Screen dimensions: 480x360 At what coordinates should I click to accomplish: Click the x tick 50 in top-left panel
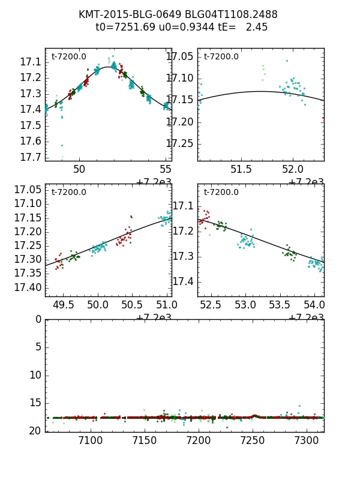pyautogui.click(x=79, y=169)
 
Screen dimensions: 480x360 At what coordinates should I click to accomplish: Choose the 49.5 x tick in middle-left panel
pyautogui.click(x=64, y=305)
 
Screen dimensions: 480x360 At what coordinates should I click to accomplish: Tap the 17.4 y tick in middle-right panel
pyautogui.click(x=183, y=281)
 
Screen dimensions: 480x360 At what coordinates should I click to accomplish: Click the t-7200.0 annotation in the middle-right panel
pyautogui.click(x=221, y=192)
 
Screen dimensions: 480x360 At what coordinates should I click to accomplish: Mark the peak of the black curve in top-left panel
pyautogui.click(x=108, y=67)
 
